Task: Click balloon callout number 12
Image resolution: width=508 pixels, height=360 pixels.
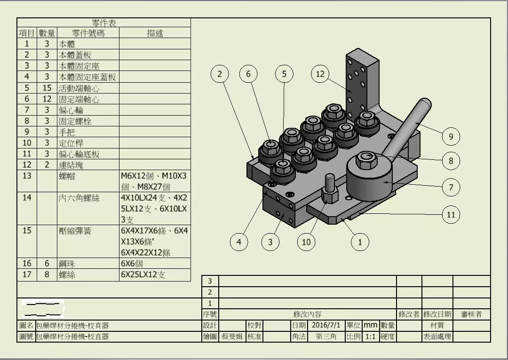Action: pos(320,74)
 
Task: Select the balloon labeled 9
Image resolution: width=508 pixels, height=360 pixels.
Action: pos(451,136)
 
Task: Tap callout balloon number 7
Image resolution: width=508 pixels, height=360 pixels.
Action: pos(451,188)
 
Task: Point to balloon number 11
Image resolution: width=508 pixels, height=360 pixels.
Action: pos(451,215)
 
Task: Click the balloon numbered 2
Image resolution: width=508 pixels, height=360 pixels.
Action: pos(220,74)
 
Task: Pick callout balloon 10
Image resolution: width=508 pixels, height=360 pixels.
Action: pos(306,242)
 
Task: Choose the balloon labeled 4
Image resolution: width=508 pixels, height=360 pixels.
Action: pos(239,242)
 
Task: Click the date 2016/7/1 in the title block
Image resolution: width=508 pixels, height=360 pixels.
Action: pos(326,325)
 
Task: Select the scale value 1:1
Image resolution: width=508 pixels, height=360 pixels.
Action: pos(371,337)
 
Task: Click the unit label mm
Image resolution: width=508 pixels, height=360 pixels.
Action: pos(371,325)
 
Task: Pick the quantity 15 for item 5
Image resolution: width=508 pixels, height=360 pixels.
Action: pos(47,88)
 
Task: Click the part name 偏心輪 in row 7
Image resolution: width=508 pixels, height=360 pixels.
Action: pos(67,110)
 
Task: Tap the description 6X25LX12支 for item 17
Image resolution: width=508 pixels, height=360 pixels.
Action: pos(143,274)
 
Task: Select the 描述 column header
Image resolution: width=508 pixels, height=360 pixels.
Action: pos(155,33)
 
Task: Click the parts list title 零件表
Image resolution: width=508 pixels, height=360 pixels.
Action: pos(104,23)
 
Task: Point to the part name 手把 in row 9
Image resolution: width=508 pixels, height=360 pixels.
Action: pos(67,132)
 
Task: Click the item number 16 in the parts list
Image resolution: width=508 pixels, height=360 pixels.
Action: pos(27,264)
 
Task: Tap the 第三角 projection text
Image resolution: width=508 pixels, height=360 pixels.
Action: pos(325,337)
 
